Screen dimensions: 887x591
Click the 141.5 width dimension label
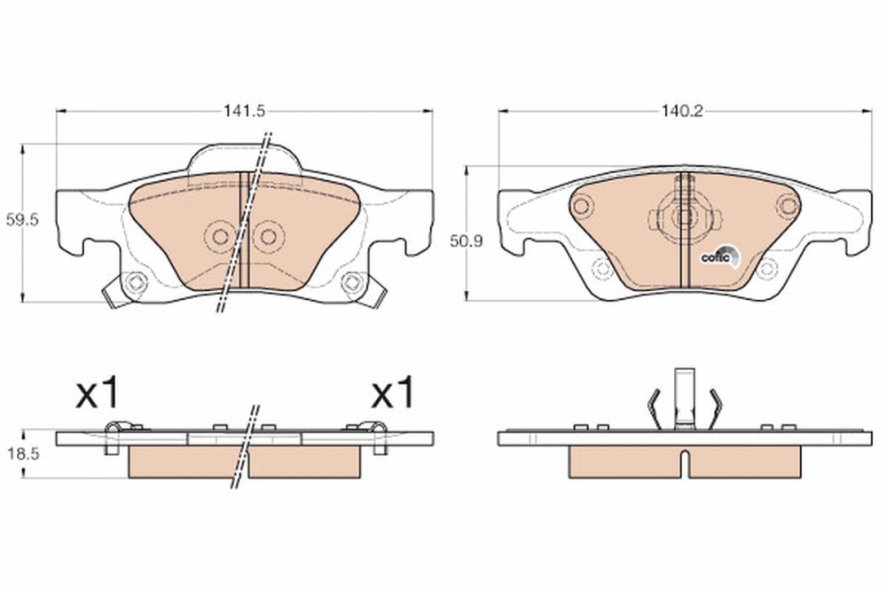[244, 111]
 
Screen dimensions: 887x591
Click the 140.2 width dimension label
[682, 111]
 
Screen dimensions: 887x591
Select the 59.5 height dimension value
[21, 220]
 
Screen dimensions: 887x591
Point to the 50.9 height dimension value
[466, 241]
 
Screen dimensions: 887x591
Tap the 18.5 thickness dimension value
[21, 453]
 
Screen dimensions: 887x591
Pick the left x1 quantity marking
[98, 394]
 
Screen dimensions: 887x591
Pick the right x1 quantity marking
[393, 394]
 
